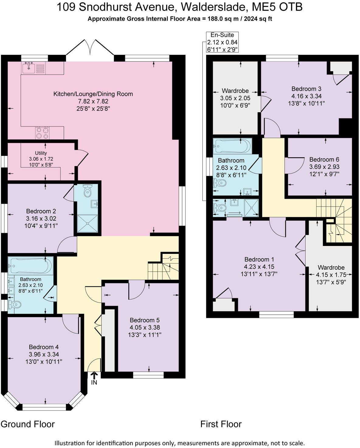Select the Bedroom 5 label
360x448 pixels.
tap(145, 320)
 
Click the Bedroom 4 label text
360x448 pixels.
tap(44, 347)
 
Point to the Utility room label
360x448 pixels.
tap(41, 153)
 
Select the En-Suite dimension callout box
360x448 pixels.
tap(222, 42)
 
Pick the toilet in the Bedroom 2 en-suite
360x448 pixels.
tap(88, 190)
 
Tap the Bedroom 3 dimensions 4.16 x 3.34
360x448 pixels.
tap(306, 96)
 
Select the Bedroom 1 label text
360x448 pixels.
tap(259, 259)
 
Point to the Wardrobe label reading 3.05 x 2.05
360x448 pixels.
tap(235, 98)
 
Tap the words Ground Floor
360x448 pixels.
tap(28, 424)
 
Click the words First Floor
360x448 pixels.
tap(221, 424)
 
